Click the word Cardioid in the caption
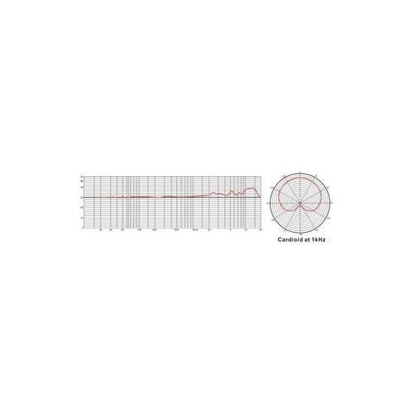click(x=290, y=238)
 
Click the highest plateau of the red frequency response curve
click(x=250, y=188)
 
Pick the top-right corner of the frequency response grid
click(x=261, y=176)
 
